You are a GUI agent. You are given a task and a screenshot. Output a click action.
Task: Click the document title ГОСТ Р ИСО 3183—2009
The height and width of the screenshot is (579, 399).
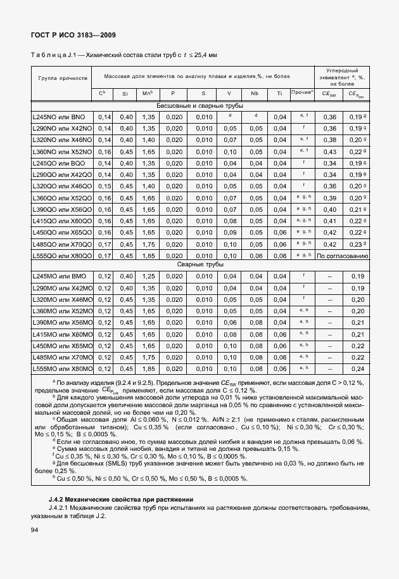pos(73,35)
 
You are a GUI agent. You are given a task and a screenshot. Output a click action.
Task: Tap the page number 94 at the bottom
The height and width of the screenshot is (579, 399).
pos(35,529)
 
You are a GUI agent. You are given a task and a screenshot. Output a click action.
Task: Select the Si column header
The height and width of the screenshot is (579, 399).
pos(125,94)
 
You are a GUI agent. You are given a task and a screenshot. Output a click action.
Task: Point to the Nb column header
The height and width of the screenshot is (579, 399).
pos(255,94)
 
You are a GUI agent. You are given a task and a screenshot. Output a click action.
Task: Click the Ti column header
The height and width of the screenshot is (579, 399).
pos(279,94)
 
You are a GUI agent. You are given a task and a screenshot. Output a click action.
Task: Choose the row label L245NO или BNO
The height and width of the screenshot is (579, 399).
pos(59,117)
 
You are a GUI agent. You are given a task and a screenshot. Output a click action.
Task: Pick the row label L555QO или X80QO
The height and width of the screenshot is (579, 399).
pos(62,256)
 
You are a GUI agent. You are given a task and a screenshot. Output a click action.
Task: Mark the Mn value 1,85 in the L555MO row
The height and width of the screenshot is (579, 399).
pos(148,368)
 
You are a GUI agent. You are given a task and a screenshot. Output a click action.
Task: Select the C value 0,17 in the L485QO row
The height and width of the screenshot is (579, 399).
pos(104,244)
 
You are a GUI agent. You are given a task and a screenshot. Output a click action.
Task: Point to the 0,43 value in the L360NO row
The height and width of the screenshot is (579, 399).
pos(329,152)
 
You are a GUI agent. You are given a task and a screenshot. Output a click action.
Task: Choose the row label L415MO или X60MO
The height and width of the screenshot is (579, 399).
pos(62,334)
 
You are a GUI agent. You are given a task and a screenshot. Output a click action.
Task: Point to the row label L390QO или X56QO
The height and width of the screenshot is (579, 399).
pos(62,209)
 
